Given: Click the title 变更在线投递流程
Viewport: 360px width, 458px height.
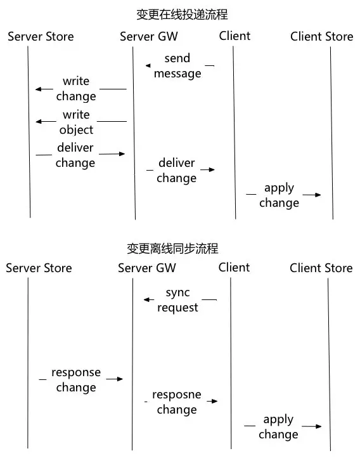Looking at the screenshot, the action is [182, 15].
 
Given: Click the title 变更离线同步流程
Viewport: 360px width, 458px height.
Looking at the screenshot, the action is [172, 249].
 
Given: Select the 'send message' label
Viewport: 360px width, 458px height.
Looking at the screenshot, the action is [177, 66].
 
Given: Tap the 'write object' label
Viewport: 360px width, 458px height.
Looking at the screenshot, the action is [76, 122].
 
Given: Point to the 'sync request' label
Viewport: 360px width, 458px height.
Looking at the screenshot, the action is [177, 300].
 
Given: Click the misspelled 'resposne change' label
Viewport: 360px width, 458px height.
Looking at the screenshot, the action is [177, 402].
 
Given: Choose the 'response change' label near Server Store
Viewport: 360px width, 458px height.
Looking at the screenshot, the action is [76, 379].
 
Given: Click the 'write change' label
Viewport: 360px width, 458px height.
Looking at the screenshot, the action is [76, 89].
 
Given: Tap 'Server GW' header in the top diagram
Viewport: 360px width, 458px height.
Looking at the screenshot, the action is [149, 37].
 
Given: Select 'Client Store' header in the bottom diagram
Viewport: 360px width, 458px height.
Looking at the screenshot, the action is [321, 268].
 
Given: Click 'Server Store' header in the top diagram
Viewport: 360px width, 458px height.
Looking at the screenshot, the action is [41, 37].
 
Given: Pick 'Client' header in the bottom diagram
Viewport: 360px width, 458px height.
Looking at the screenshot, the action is [234, 267].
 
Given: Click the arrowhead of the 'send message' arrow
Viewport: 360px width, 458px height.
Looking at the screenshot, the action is [148, 65].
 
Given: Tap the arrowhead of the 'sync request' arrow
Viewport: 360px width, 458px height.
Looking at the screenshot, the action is [146, 299].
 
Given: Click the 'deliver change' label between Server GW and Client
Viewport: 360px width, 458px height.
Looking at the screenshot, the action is [176, 170].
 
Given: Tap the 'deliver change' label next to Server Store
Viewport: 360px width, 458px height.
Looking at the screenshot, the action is [75, 155].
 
